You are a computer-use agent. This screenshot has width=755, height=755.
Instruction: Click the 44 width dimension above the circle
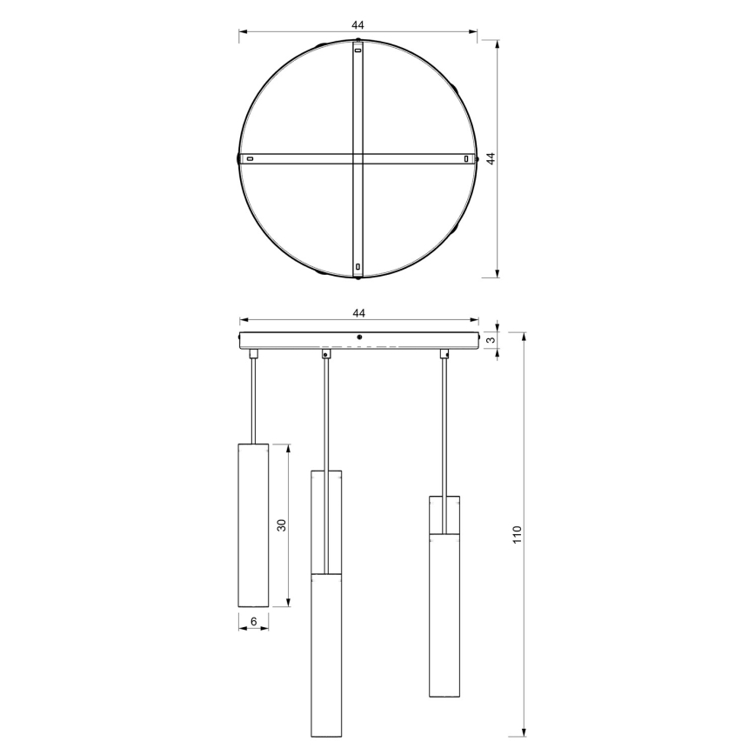pos(357,25)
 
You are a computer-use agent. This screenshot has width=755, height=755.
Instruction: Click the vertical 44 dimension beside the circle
pos(490,158)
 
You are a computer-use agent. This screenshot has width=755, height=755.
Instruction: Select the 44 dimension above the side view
pos(357,312)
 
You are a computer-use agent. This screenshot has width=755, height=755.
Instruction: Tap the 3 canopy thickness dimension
pos(491,339)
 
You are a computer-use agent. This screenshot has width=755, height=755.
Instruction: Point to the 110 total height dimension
pos(517,534)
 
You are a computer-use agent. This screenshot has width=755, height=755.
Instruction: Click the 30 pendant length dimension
pos(281,524)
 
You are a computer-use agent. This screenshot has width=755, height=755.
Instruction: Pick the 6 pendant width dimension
pos(253,621)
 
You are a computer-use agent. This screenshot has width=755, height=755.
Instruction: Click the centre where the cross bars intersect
pos(357,159)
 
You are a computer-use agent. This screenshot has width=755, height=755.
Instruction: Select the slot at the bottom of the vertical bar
pos(357,265)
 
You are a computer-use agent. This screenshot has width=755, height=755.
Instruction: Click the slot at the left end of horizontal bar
pos(251,159)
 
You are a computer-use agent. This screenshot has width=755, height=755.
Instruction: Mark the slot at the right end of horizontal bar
pos(467,159)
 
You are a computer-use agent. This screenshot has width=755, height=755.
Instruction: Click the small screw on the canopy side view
pos(359,337)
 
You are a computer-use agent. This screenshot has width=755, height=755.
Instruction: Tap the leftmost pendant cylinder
pos(253,524)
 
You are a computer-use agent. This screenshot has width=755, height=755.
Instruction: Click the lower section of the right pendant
pos(444,614)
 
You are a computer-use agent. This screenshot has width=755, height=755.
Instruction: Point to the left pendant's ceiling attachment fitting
pos(253,353)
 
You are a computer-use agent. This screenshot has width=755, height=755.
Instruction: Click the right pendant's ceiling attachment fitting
pos(444,353)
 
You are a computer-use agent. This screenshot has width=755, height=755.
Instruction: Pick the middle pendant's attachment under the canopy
pos(326,353)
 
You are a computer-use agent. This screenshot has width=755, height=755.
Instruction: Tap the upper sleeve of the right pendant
pos(444,514)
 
